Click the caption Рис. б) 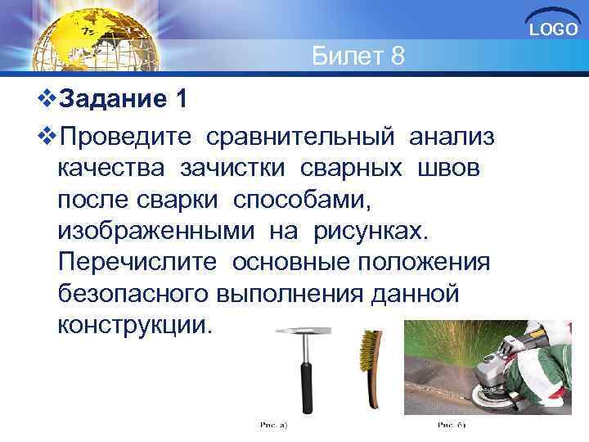[449, 426]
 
